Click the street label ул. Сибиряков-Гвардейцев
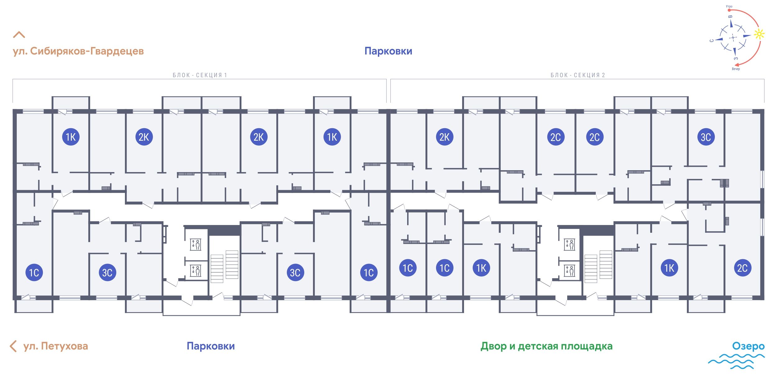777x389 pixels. (x=78, y=51)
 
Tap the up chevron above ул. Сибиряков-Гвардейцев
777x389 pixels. (x=19, y=35)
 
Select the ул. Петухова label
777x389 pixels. (x=56, y=346)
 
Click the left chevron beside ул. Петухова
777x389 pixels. (x=13, y=346)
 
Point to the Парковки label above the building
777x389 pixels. (x=388, y=51)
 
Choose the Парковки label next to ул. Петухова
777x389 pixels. (x=211, y=346)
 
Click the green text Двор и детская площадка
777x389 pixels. (x=546, y=346)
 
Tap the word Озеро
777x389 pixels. (x=748, y=346)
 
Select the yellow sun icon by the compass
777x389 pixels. (x=759, y=34)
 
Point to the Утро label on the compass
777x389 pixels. (x=729, y=6)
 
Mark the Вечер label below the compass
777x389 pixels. (x=736, y=69)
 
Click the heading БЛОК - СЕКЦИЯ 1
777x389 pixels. (x=200, y=75)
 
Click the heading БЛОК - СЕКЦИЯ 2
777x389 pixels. (x=578, y=75)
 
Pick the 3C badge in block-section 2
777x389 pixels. (x=706, y=137)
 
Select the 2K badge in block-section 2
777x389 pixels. (x=444, y=137)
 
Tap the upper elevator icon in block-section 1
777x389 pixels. (x=196, y=244)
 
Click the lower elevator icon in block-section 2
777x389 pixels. (x=570, y=270)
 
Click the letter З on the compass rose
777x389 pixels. (x=736, y=58)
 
